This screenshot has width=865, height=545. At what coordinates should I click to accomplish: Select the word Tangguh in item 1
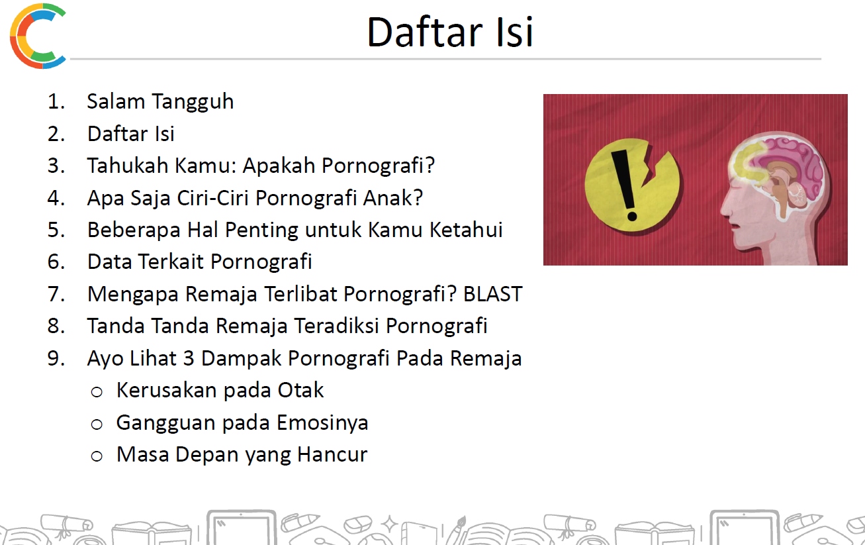[193, 103]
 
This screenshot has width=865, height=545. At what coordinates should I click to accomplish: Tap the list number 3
[56, 166]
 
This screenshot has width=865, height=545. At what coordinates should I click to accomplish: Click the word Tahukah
[128, 166]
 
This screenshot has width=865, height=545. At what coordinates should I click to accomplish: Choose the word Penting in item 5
[261, 230]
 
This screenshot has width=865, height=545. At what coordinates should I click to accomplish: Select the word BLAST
[493, 294]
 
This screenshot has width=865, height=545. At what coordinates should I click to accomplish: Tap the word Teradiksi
[336, 326]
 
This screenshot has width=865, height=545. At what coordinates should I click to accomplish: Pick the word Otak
[300, 390]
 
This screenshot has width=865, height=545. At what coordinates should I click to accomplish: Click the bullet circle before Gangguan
[97, 424]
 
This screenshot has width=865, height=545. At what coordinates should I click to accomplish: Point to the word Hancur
[332, 454]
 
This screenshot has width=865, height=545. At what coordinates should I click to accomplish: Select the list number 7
[56, 294]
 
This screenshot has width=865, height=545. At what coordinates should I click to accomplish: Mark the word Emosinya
[322, 422]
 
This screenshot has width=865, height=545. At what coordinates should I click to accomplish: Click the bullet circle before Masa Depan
[97, 456]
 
